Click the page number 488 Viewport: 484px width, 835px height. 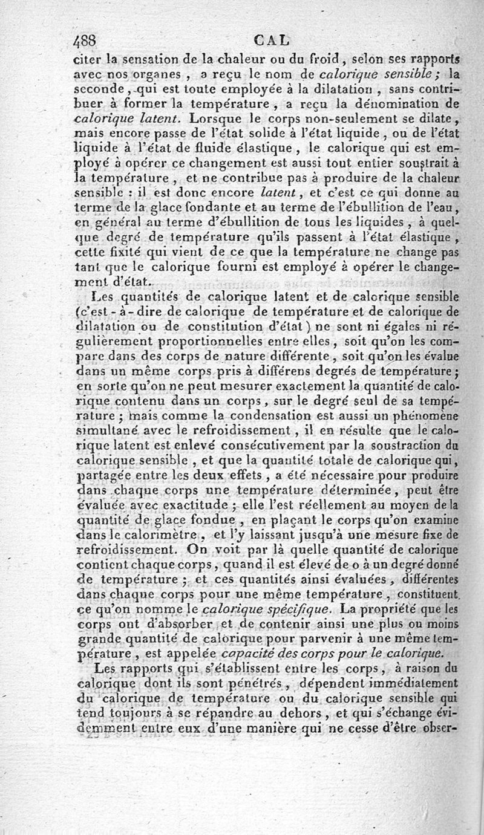85,41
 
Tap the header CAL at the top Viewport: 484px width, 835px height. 272,41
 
